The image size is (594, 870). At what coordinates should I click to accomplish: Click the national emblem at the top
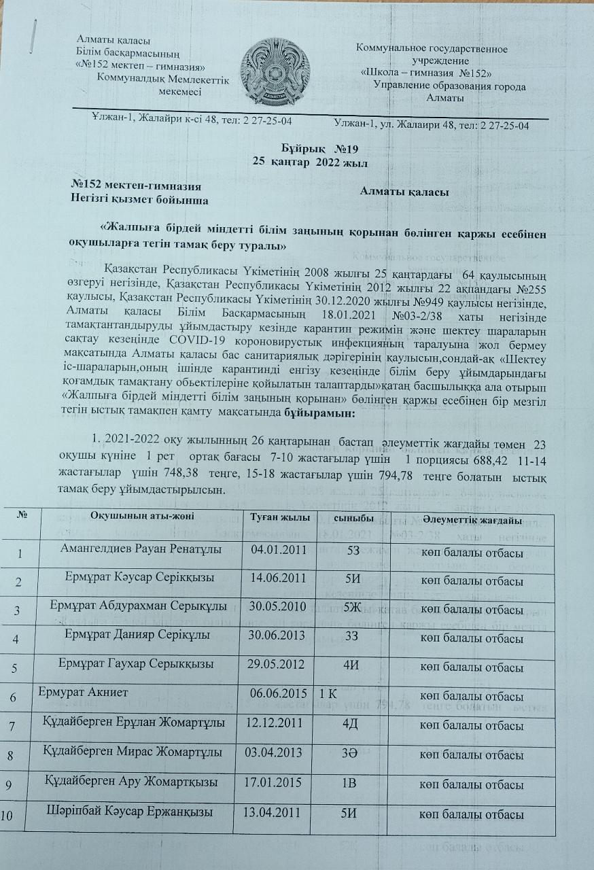[x=275, y=71]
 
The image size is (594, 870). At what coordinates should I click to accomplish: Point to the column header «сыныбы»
[x=350, y=520]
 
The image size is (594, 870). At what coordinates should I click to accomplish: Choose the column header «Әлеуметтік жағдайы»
[x=472, y=520]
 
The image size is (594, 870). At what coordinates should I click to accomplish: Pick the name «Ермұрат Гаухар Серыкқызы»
[x=136, y=663]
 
